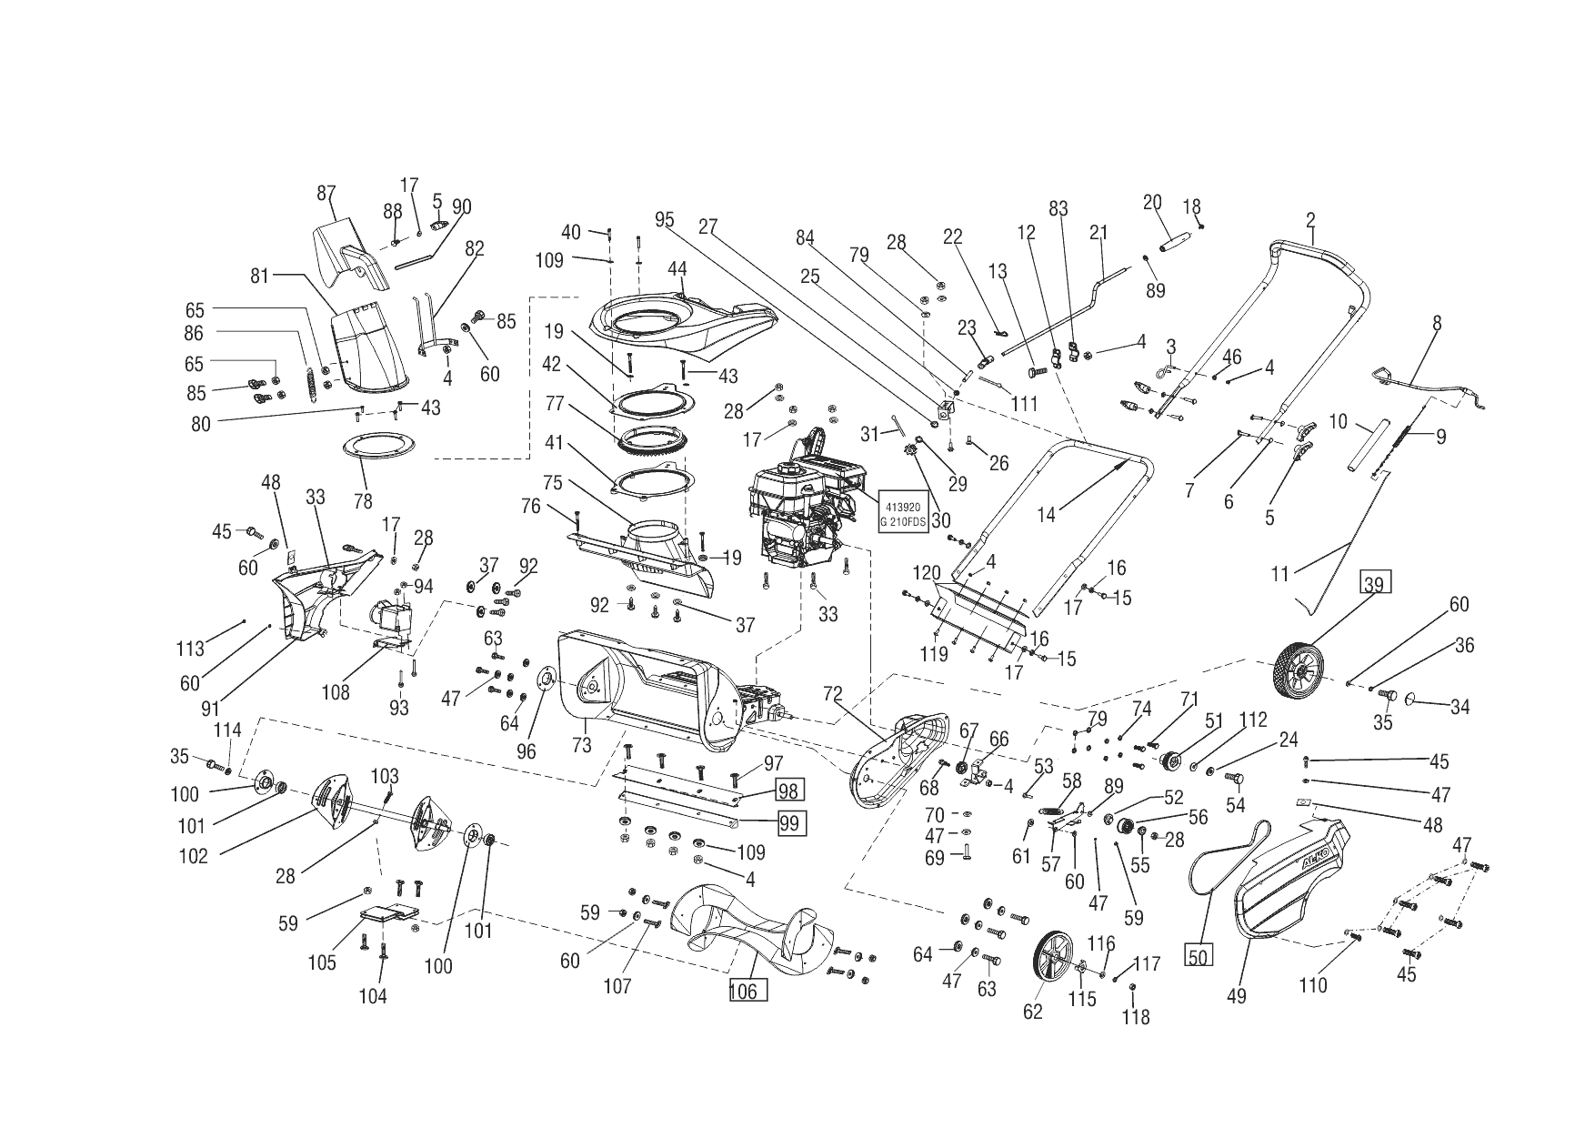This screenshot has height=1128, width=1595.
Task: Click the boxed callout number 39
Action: [x=1374, y=584]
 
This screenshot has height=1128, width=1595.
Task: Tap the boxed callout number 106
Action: [x=744, y=991]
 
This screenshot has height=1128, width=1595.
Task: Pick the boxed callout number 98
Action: [x=787, y=790]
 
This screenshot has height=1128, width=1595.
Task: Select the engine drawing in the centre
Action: [x=804, y=514]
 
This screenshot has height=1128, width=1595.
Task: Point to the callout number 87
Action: [x=326, y=193]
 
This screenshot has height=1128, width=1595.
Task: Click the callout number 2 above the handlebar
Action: [x=1310, y=219]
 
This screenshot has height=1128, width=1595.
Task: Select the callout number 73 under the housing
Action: [x=581, y=746]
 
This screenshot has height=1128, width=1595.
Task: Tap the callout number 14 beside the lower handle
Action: [x=1047, y=515]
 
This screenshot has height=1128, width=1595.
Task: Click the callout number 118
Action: [x=1136, y=1017]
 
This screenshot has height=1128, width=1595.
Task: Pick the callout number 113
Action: [x=190, y=648]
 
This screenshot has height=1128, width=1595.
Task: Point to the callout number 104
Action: [x=373, y=996]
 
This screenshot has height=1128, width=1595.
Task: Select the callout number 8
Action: [x=1437, y=323]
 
